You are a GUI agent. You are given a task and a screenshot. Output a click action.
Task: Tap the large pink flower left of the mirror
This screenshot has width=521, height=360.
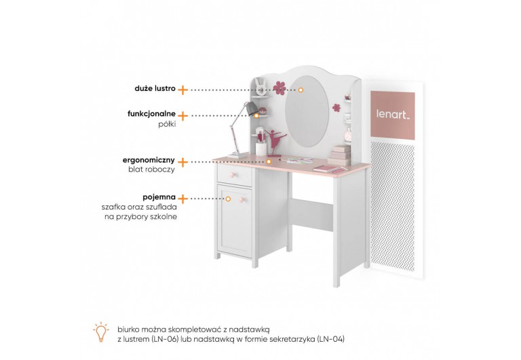point(279,87)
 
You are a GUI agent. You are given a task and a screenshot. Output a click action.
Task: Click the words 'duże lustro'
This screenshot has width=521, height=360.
point(155,89)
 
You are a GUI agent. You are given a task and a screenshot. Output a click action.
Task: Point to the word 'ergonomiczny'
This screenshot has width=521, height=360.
point(149,161)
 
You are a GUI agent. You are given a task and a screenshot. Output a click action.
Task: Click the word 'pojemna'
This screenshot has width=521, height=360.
point(159,197)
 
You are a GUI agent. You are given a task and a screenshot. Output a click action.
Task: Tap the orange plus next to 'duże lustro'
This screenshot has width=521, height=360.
point(182,89)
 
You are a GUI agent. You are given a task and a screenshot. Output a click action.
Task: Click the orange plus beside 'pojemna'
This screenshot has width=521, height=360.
point(182,197)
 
